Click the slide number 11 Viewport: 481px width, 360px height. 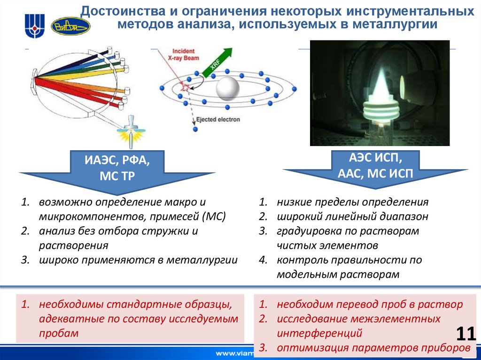click(x=466, y=334)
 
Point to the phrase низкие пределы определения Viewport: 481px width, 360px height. click(x=352, y=202)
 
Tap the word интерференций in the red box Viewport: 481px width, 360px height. click(x=319, y=333)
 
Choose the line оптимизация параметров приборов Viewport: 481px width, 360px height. click(x=373, y=348)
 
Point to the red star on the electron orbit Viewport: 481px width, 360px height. click(x=186, y=87)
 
